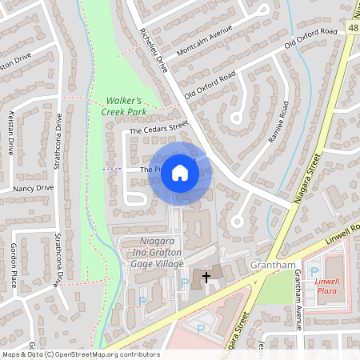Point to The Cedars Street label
click(x=158, y=127)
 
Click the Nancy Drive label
click(x=33, y=188)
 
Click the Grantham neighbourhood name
click(x=274, y=264)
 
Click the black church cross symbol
click(x=206, y=277)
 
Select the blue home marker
click(x=180, y=173)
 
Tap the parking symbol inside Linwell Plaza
click(x=314, y=271)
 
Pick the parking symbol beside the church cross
click(x=186, y=282)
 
